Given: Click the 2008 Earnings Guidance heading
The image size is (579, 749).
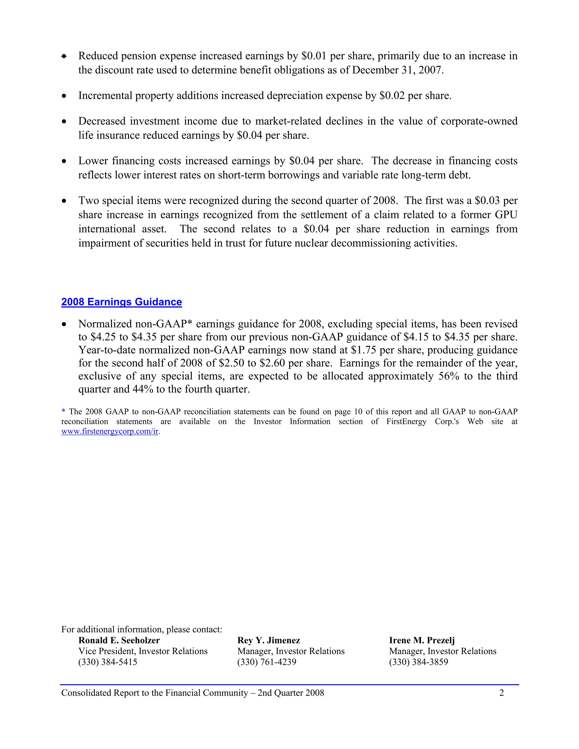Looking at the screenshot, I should pos(121,302).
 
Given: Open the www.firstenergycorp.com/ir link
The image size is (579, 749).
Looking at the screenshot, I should pos(110,431).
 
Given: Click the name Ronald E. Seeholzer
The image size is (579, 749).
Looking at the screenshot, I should pos(119,640).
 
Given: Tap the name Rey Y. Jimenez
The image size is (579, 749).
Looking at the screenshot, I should pos(269,640).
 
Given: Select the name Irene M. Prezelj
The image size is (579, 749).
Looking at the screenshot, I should pos(422,640).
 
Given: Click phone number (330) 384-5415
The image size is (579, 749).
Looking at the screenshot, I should pos(108,662).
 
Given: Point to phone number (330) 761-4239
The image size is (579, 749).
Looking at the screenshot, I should pos(267,662).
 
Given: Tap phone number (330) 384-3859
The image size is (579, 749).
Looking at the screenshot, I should pos(418,662).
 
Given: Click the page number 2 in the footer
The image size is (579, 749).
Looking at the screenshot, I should pos(502,693).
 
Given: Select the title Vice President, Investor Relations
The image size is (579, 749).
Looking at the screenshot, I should pos(143,651).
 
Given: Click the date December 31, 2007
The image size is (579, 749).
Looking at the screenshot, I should pos(397,70).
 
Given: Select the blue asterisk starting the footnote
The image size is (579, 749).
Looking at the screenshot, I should pos(63,411).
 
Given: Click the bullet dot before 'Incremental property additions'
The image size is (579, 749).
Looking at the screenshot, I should pos(64,96).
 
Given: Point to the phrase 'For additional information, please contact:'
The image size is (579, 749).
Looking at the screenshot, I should pos(142,629).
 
